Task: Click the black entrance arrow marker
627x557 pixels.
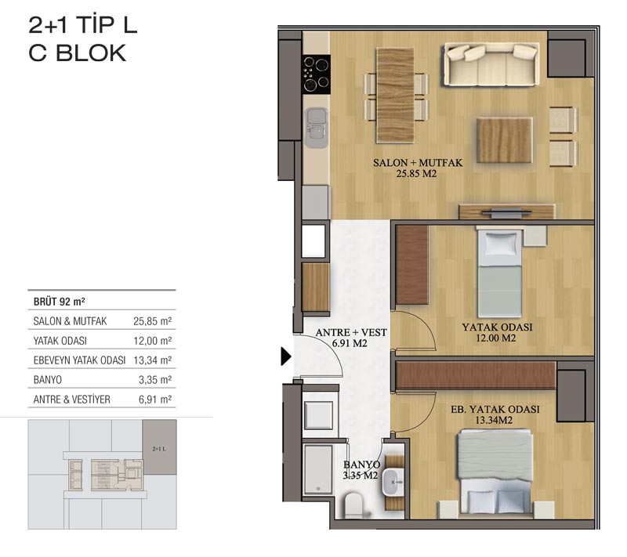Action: click(286, 356)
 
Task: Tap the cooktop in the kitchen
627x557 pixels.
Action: click(317, 74)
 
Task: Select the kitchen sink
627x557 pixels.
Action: click(317, 128)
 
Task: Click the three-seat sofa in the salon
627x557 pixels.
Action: click(491, 64)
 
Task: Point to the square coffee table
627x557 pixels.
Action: click(505, 140)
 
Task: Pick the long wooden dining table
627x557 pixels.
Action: click(395, 95)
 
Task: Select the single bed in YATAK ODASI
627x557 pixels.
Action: click(499, 273)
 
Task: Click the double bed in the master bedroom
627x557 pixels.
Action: click(495, 472)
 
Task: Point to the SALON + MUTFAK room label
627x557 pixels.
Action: click(418, 163)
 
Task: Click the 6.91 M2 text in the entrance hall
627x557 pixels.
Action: click(350, 343)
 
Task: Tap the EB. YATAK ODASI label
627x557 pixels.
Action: click(495, 409)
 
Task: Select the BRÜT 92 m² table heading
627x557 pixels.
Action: click(60, 302)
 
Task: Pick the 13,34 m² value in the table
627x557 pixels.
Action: click(152, 360)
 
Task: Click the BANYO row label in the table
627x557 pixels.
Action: click(48, 380)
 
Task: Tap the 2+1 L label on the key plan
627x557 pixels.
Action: click(159, 449)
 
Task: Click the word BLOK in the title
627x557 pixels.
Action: click(91, 53)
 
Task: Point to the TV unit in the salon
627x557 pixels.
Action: click(506, 212)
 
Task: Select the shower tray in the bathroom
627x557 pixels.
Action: click(318, 469)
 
